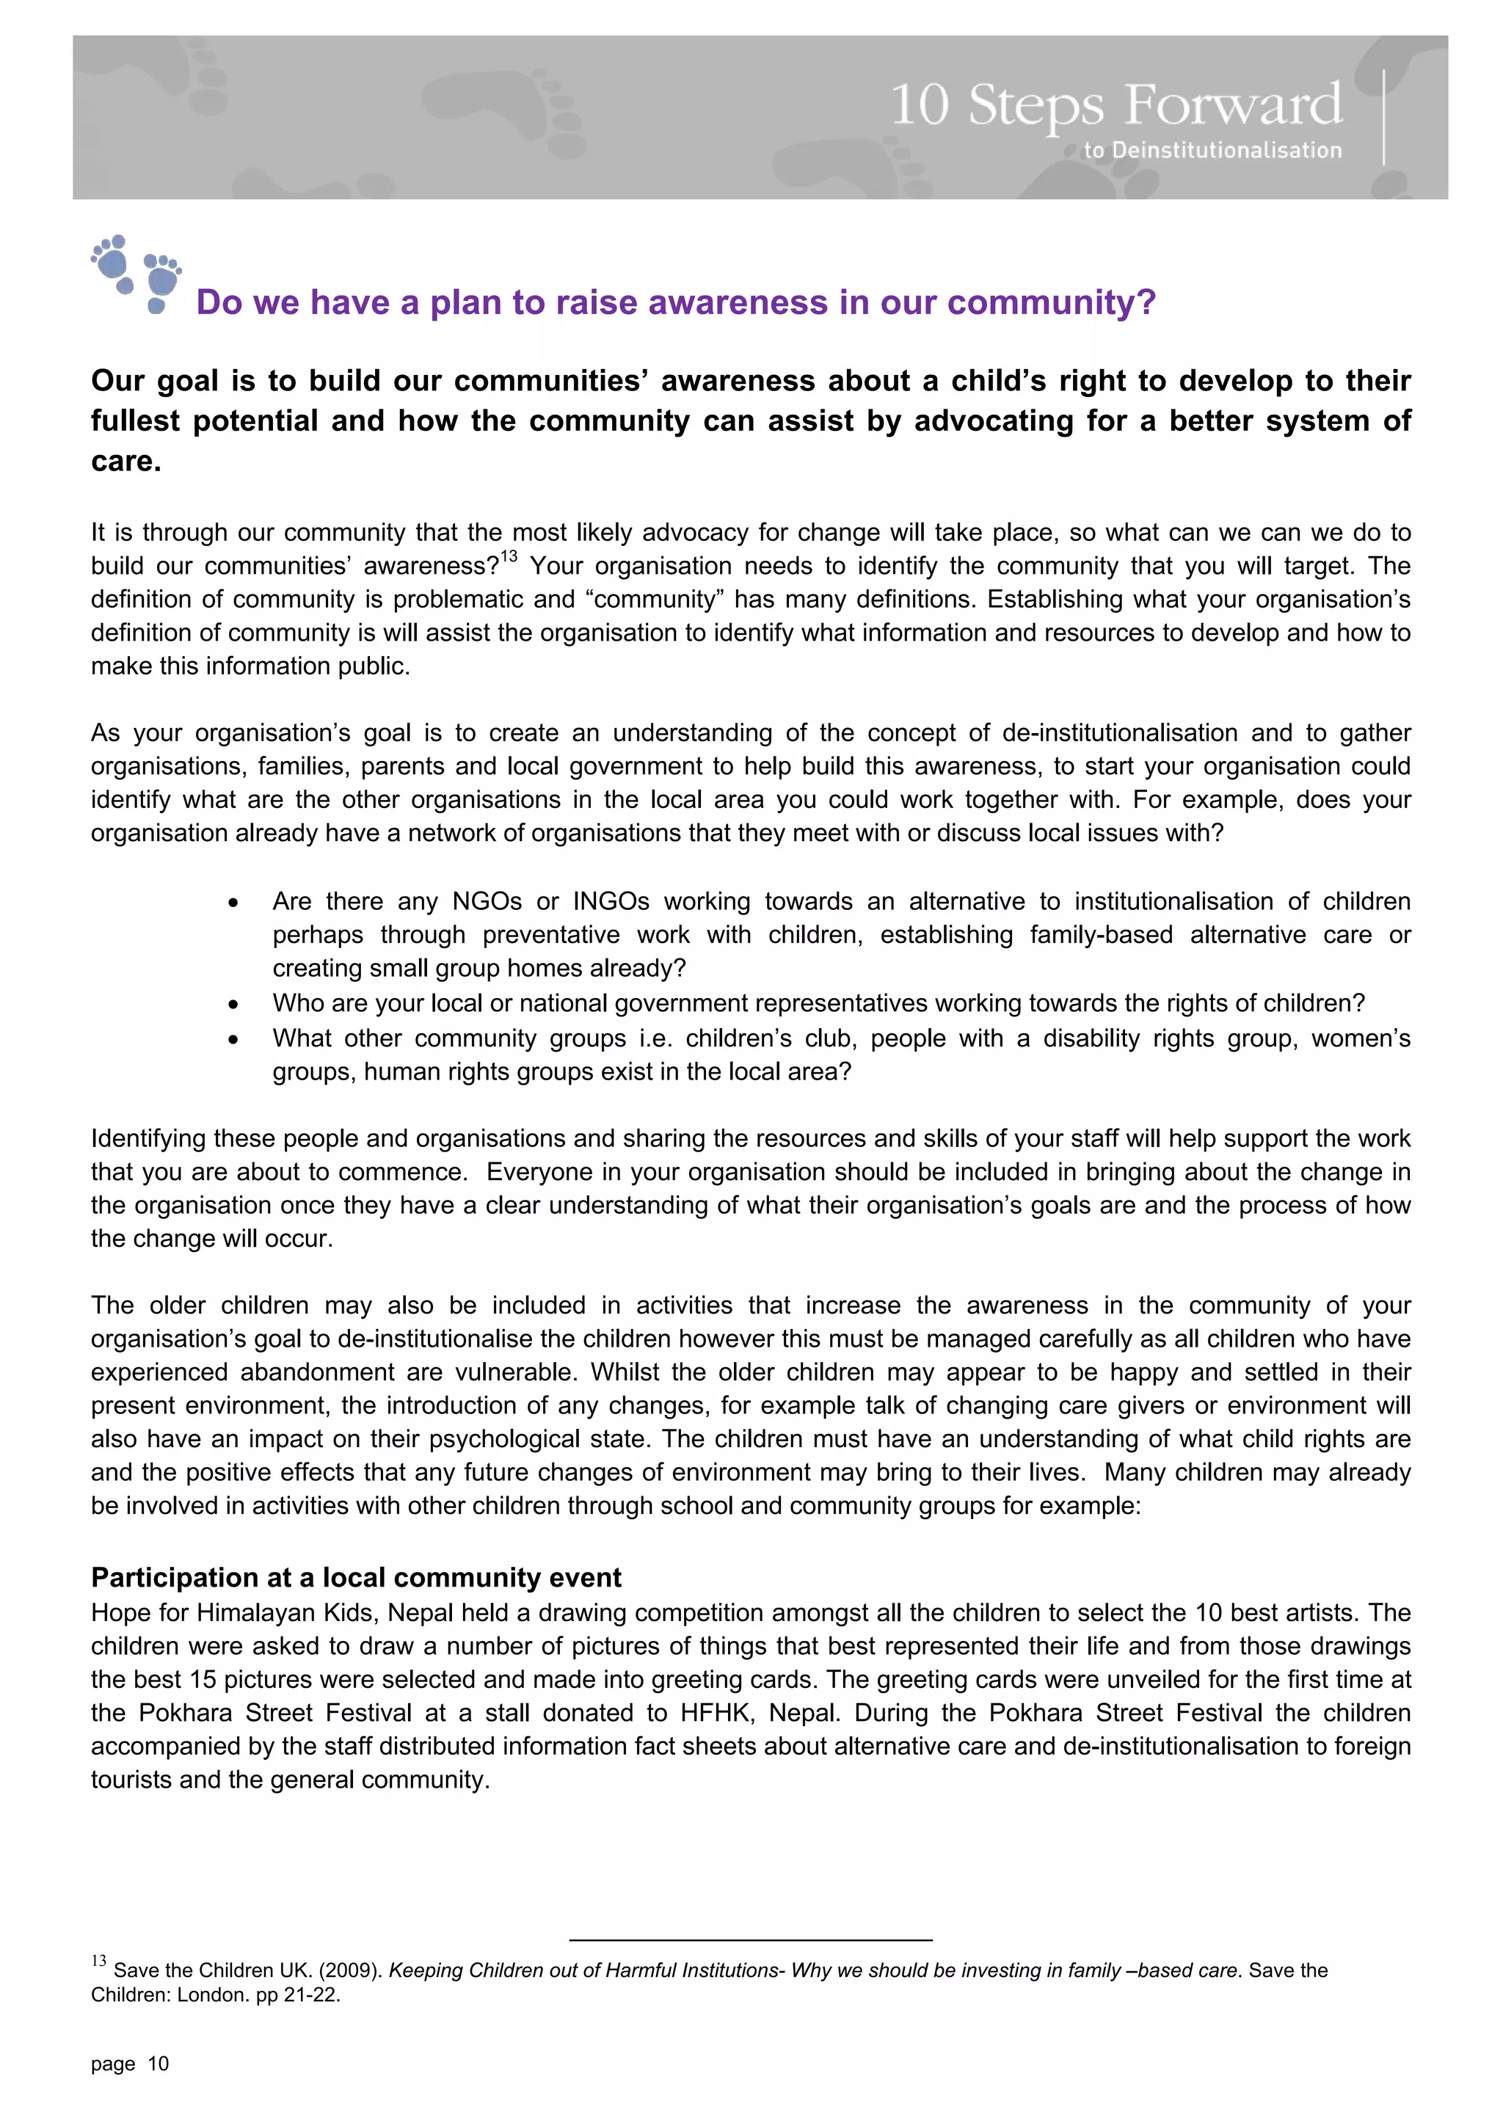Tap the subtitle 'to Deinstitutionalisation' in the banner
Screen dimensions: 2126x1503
[1212, 150]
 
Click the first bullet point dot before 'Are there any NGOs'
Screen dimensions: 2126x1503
[233, 903]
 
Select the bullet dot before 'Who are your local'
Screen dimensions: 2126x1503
[233, 1005]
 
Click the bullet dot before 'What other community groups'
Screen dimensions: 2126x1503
[233, 1040]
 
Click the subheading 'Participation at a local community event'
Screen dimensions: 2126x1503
[356, 1577]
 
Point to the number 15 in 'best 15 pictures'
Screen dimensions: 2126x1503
[203, 1679]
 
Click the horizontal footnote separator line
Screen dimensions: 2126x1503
[750, 1939]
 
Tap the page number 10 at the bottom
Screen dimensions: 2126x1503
[159, 2063]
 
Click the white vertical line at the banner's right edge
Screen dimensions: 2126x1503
[1383, 117]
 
